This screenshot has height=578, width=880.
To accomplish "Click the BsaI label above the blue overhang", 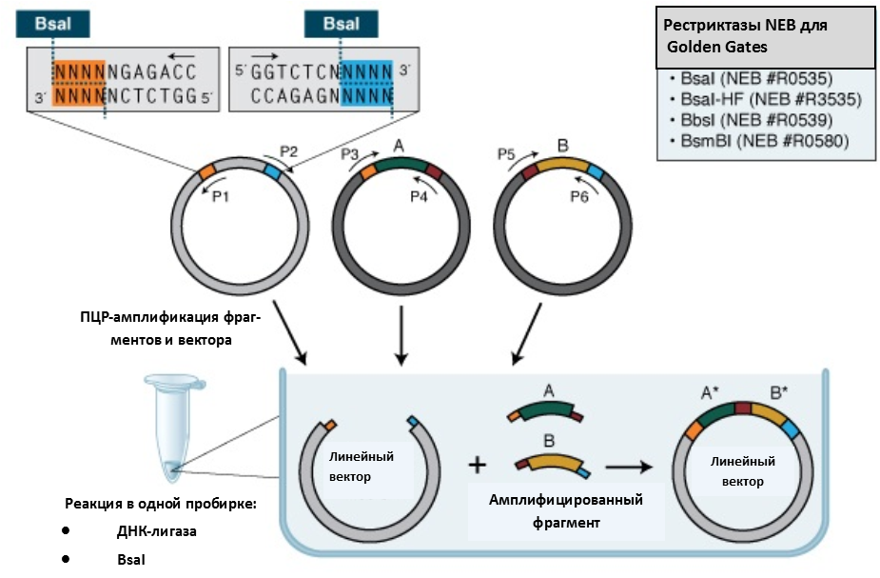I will tap(340, 24).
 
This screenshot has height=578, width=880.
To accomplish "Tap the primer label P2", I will tap(289, 150).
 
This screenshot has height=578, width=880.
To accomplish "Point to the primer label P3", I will tap(349, 153).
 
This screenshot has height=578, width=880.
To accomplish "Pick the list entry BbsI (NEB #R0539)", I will tap(751, 120).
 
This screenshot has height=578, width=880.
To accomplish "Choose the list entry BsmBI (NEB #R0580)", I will tap(758, 143).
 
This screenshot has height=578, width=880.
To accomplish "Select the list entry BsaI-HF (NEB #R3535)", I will tap(765, 98).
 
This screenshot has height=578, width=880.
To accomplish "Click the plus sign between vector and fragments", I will tap(478, 466).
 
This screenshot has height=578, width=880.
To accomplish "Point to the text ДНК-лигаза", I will tap(157, 530).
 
